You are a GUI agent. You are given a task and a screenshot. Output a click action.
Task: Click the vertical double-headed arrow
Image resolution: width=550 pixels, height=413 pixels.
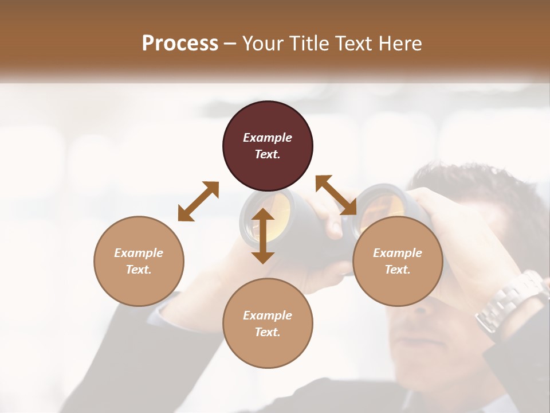(x=263, y=236)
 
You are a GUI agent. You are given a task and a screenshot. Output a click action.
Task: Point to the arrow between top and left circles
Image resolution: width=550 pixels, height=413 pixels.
(x=198, y=201)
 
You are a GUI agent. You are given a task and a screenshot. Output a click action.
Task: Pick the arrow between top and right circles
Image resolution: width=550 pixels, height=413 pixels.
(x=336, y=195)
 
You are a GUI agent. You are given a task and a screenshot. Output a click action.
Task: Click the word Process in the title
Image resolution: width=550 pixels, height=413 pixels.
(x=180, y=43)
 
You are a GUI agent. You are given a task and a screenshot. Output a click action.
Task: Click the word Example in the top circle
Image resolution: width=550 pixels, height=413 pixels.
(x=268, y=138)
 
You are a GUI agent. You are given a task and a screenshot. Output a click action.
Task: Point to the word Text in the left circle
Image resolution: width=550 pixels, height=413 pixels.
(x=139, y=270)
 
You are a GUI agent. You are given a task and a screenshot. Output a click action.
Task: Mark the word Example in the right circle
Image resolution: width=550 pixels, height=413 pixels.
(x=398, y=253)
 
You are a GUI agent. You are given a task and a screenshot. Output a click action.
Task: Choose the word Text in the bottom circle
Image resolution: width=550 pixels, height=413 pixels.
(x=268, y=332)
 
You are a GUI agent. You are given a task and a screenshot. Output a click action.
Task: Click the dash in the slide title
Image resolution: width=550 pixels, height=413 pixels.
(x=230, y=44)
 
